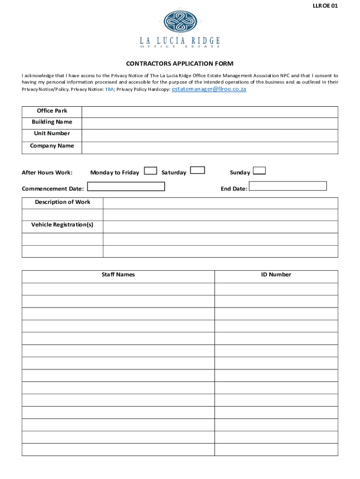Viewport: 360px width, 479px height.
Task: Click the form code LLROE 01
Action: (325, 6)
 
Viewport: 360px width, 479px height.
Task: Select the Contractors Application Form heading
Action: (180, 64)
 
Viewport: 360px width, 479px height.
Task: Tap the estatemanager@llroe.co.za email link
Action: (209, 89)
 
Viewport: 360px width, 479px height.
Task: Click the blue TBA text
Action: (109, 89)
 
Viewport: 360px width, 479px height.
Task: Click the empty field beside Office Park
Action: (209, 112)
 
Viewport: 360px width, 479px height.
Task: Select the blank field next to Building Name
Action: (209, 123)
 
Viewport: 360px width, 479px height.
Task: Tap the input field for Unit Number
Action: (209, 136)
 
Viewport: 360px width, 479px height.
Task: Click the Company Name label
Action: (52, 146)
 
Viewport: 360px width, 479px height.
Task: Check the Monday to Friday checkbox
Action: (151, 171)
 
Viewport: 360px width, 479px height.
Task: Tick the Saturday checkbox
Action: (198, 170)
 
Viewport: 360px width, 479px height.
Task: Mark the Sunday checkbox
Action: (259, 171)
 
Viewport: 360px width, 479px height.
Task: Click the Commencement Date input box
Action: (126, 187)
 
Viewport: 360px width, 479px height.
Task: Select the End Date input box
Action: (288, 186)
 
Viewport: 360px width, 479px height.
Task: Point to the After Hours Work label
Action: (47, 173)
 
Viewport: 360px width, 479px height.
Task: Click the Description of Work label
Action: (63, 202)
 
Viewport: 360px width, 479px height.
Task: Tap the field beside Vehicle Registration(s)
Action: (220, 227)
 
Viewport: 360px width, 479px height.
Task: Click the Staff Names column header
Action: (118, 275)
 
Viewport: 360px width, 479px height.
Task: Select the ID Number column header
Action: (276, 275)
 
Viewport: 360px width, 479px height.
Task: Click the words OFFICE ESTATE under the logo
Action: (180, 46)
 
